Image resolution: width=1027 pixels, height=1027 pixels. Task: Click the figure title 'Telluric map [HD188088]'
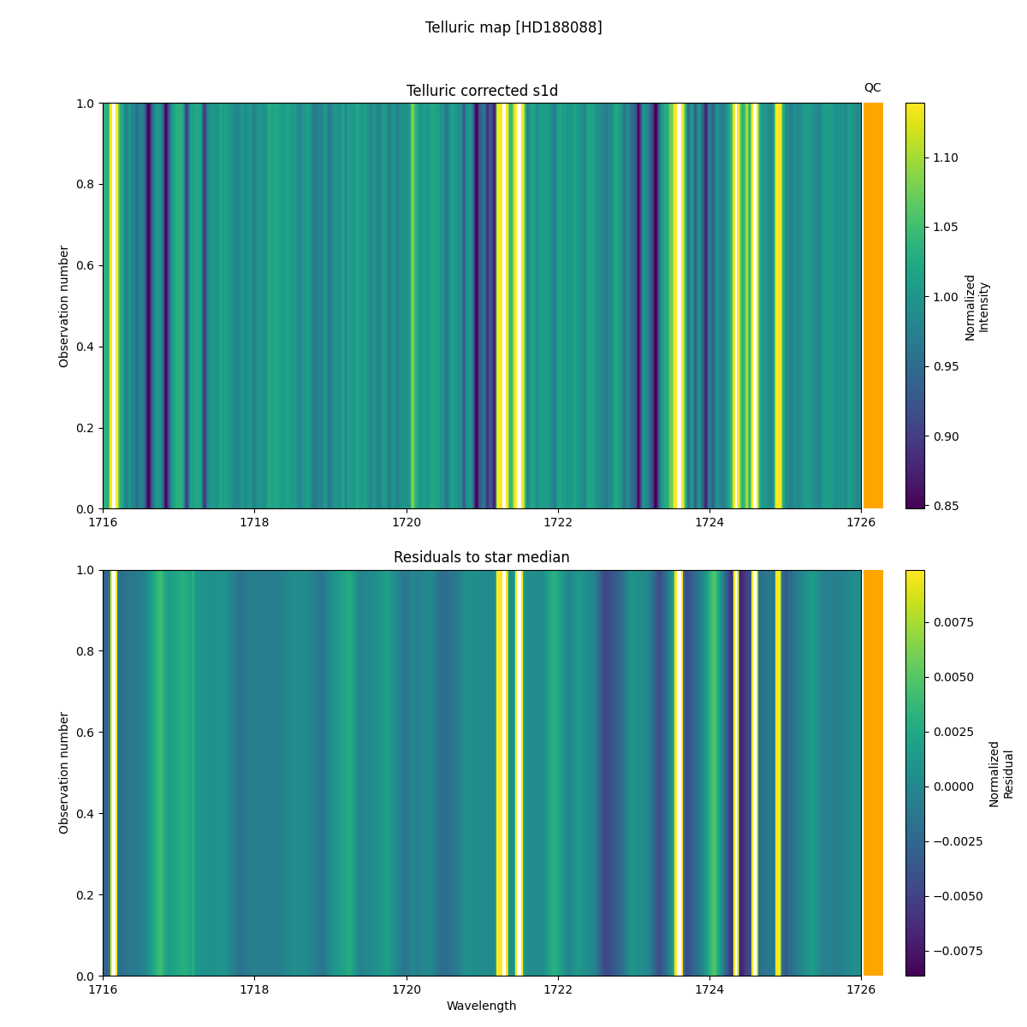coord(513,27)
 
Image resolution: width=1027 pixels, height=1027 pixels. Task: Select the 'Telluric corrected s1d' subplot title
coord(482,91)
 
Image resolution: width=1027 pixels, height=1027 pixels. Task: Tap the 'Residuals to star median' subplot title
coord(482,557)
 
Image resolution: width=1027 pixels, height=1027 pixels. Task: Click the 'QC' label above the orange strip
coord(872,87)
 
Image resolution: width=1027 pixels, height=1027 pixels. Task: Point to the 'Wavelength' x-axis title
coord(482,1006)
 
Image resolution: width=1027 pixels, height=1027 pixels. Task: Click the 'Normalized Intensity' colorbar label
coord(977,307)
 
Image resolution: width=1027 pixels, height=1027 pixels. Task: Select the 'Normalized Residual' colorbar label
coord(1000,774)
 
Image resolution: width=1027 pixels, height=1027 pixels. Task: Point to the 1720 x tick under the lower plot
coord(407,988)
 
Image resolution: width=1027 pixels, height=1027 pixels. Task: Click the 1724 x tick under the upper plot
coord(709,521)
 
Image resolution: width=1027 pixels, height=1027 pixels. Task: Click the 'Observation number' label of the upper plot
coord(64,306)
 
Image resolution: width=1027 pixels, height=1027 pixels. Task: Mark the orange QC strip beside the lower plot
coord(873,773)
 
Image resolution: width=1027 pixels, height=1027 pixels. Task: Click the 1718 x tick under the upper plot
coord(255,521)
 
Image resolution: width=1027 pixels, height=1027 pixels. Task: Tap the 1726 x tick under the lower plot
coord(861,988)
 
